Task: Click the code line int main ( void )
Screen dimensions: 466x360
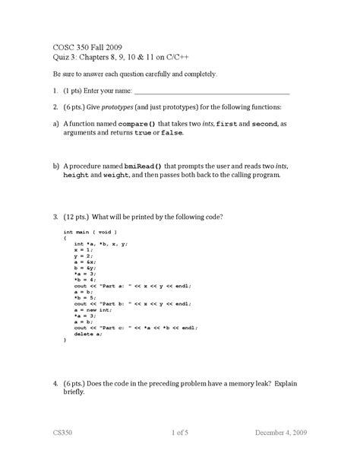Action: pyautogui.click(x=90, y=230)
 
